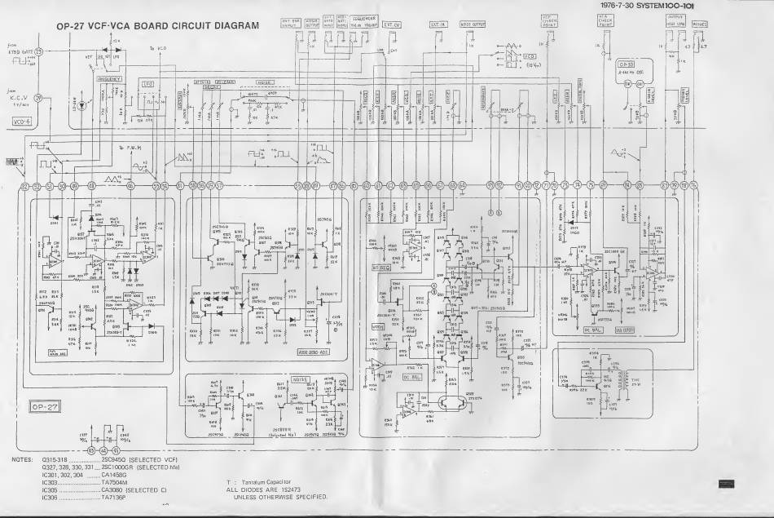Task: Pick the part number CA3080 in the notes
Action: pyautogui.click(x=112, y=489)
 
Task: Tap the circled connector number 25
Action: pyautogui.click(x=37, y=53)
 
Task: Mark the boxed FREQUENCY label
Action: pyautogui.click(x=109, y=79)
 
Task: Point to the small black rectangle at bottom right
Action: pyautogui.click(x=727, y=485)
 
